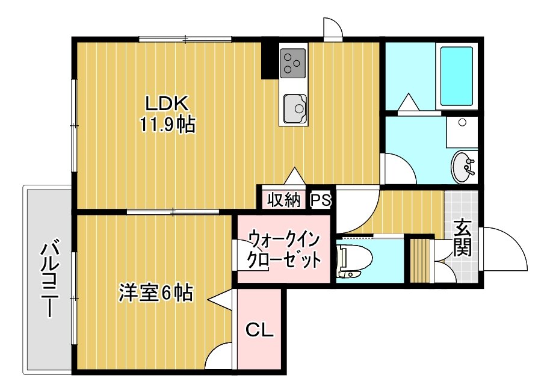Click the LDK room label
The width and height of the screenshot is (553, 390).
coord(167,104)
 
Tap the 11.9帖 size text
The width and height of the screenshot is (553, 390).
coord(167,124)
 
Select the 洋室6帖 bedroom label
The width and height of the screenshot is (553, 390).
coord(155,292)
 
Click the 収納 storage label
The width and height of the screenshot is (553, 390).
coord(284,200)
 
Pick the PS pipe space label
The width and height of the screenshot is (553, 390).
coord(321,200)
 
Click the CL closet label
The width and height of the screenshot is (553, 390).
coord(259,330)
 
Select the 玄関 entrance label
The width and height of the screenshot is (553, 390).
coord(462,237)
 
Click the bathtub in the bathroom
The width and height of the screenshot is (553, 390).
coord(456,76)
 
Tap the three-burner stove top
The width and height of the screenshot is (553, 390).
coord(292,63)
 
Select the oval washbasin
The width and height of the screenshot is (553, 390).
coord(463,167)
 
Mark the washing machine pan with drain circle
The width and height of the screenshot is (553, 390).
coord(462,132)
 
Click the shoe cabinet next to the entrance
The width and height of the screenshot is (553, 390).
coord(421,261)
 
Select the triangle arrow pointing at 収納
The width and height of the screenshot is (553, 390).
coord(294,176)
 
